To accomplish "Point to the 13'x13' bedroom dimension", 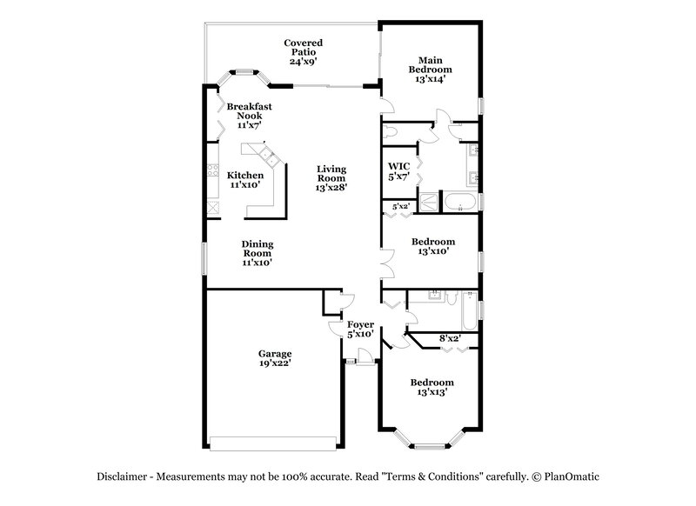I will [432, 392].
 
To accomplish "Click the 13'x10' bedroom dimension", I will [432, 251].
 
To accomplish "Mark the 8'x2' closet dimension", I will [449, 337].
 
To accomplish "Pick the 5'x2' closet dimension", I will [401, 206].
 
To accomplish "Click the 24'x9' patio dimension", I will [303, 62].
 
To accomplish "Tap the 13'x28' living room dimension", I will [331, 188].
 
